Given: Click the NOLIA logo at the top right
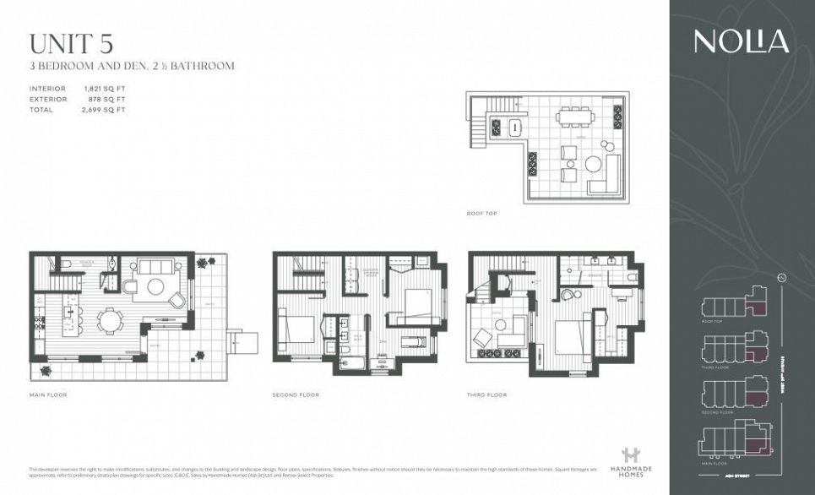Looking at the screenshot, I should [x=742, y=41].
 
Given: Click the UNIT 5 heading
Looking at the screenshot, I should [x=71, y=44].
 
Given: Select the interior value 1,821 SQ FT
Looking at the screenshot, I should [x=104, y=89].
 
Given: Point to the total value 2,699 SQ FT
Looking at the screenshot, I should [x=104, y=110].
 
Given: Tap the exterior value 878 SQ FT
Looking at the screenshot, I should [x=106, y=99].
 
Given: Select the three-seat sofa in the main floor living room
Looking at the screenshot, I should [x=155, y=267].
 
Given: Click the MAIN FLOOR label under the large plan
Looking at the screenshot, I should [x=48, y=394].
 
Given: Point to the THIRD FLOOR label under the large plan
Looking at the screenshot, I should [x=486, y=394].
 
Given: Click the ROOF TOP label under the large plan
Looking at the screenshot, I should [x=482, y=213].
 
